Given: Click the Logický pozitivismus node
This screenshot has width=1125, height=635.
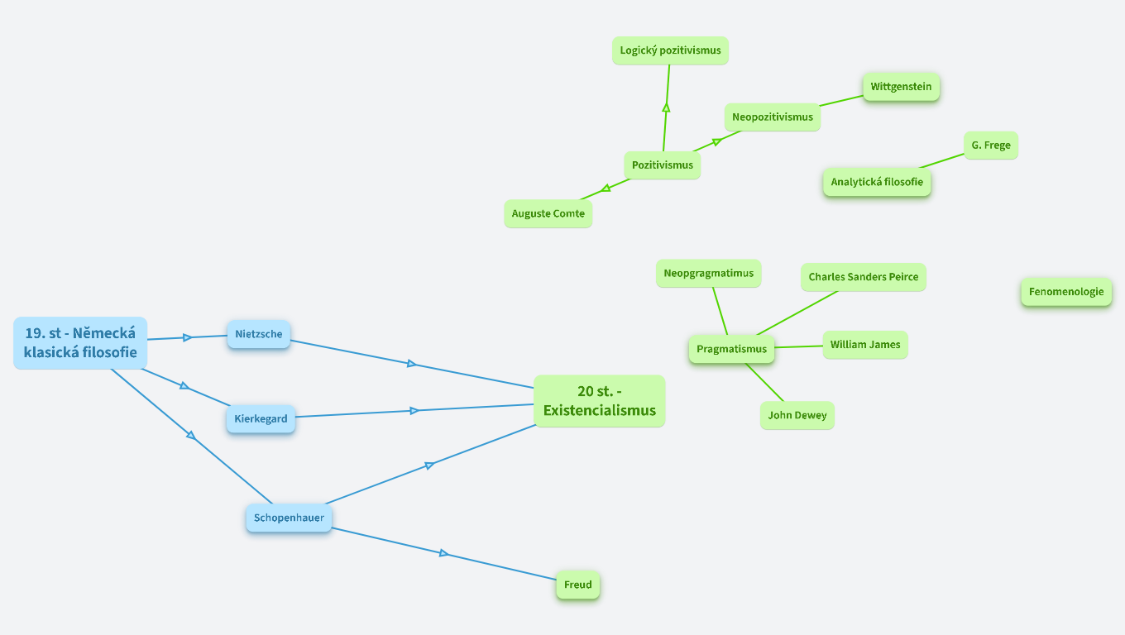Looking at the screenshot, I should pyautogui.click(x=670, y=50).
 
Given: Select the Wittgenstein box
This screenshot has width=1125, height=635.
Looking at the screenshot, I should pyautogui.click(x=901, y=87).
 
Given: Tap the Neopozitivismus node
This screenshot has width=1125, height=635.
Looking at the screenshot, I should pyautogui.click(x=772, y=117).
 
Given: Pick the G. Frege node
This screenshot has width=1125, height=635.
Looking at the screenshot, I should pyautogui.click(x=990, y=146).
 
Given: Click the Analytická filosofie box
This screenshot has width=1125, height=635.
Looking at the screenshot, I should pyautogui.click(x=877, y=182).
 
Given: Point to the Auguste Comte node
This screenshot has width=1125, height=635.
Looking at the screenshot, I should pyautogui.click(x=548, y=213).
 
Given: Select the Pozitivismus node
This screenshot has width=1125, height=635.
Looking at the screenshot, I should pyautogui.click(x=662, y=165).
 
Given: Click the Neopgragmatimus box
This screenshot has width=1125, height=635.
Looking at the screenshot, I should pyautogui.click(x=708, y=274).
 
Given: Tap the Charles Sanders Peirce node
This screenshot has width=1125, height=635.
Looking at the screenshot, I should pyautogui.click(x=863, y=277).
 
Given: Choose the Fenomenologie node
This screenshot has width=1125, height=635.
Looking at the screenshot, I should pyautogui.click(x=1065, y=292).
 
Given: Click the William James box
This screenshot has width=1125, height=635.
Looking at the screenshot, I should pyautogui.click(x=864, y=345).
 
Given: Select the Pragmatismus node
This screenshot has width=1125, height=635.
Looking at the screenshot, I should pyautogui.click(x=731, y=349).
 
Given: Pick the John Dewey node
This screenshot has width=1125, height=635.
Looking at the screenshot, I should pyautogui.click(x=797, y=415).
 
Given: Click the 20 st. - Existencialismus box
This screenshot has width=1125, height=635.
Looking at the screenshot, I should pyautogui.click(x=599, y=401).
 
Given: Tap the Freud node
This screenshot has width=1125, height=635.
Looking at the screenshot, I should pyautogui.click(x=577, y=585).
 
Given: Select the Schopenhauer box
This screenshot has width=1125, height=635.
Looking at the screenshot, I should pyautogui.click(x=289, y=518).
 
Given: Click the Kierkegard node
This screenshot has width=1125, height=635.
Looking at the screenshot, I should pyautogui.click(x=261, y=418).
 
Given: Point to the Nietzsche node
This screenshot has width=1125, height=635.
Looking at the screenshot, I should pyautogui.click(x=258, y=334).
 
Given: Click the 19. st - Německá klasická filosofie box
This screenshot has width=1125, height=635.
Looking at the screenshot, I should pyautogui.click(x=80, y=343).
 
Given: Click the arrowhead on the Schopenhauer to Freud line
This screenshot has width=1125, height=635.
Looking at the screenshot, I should pyautogui.click(x=444, y=553).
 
